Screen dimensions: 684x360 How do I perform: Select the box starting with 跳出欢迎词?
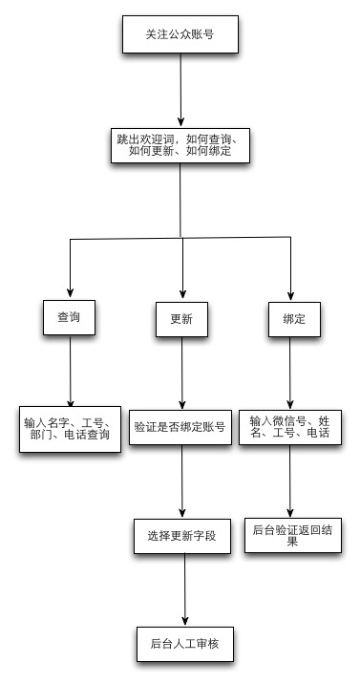click(x=179, y=146)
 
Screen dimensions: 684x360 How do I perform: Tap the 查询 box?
click(x=70, y=317)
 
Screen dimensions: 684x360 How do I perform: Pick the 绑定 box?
click(x=292, y=318)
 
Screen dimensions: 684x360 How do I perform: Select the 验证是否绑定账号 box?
click(x=180, y=427)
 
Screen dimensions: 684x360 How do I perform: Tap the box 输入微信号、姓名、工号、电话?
click(x=290, y=426)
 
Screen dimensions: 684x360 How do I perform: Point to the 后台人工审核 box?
click(x=182, y=641)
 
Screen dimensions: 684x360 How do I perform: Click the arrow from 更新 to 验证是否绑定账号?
click(x=181, y=373)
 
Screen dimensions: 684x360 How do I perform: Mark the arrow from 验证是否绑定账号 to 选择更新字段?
click(x=181, y=482)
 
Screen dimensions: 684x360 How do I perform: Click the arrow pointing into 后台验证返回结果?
click(x=290, y=482)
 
